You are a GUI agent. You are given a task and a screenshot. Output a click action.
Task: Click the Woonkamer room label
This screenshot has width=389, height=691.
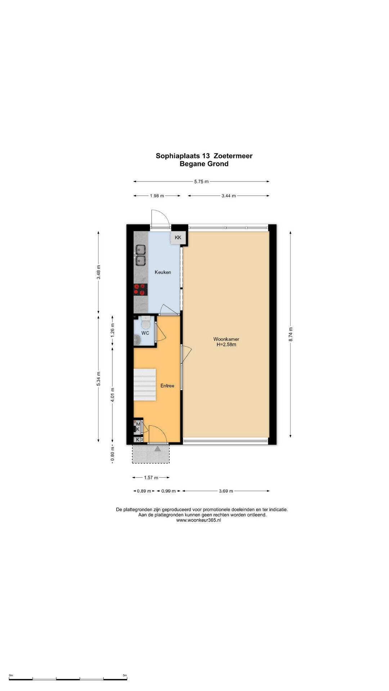click(226, 339)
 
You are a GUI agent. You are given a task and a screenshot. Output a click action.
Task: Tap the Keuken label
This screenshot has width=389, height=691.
click(163, 272)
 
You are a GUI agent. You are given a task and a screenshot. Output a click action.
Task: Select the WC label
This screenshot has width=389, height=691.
click(145, 333)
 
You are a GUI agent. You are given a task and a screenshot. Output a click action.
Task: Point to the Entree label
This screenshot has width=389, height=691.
click(167, 386)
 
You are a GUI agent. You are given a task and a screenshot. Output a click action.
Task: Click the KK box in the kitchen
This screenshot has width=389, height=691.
click(178, 238)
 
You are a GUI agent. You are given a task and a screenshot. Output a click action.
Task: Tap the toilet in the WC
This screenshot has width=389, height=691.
click(146, 323)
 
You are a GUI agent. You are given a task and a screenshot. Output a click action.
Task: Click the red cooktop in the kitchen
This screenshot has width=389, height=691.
click(140, 289)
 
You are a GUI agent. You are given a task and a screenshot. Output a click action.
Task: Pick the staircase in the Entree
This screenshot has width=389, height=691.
click(145, 384)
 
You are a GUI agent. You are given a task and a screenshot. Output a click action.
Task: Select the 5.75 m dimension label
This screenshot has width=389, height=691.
click(201, 181)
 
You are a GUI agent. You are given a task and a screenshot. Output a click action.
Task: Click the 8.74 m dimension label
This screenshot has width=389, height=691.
click(291, 334)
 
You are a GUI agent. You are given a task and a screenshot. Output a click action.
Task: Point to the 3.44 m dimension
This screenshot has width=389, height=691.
click(229, 196)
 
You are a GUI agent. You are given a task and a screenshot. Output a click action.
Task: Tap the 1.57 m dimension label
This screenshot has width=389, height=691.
click(151, 478)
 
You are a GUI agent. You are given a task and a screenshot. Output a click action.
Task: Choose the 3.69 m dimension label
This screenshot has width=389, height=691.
click(226, 491)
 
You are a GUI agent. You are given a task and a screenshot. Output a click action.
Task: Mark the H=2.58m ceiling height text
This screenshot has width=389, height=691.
click(226, 344)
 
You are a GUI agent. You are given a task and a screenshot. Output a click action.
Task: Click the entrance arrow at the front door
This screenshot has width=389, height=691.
click(158, 448)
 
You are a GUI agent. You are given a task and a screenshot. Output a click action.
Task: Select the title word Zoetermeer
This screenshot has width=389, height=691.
click(233, 156)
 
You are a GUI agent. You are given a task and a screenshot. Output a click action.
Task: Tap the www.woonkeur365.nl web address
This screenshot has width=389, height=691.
click(198, 520)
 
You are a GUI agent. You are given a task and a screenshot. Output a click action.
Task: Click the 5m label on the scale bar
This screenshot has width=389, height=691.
click(125, 676)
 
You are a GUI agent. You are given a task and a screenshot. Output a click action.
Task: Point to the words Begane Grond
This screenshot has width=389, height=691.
click(204, 164)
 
